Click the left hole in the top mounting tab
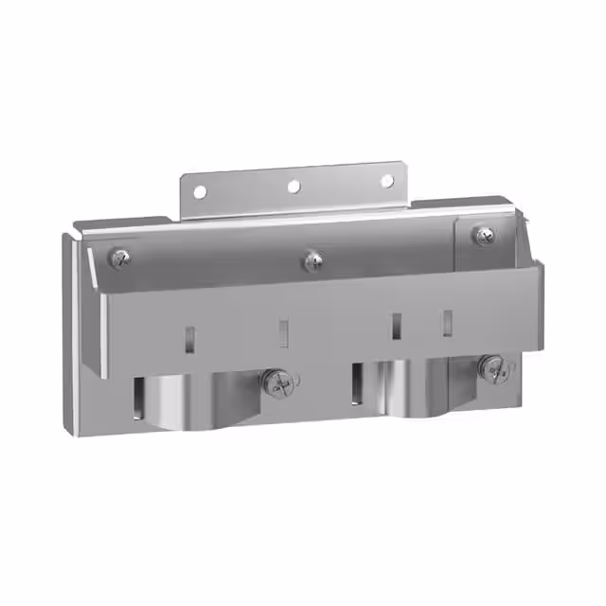[200, 192]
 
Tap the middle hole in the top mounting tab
[294, 187]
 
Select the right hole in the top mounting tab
[386, 181]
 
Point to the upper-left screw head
[119, 256]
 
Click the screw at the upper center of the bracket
[312, 257]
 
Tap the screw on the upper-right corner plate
[484, 234]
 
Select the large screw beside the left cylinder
[278, 383]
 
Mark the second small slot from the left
[282, 330]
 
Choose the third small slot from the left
[396, 326]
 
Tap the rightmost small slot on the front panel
[446, 322]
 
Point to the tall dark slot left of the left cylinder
[140, 399]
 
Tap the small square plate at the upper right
[484, 245]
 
